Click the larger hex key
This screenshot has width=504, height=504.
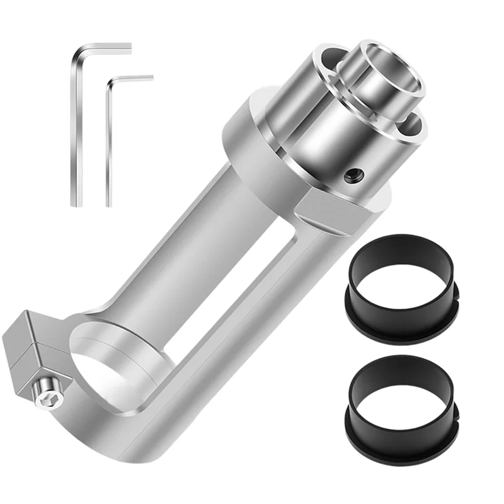click(x=76, y=126)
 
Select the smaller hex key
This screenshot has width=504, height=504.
click(x=109, y=145)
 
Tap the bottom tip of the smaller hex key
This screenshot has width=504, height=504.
click(x=109, y=203)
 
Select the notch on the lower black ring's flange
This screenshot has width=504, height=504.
click(x=455, y=413)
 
